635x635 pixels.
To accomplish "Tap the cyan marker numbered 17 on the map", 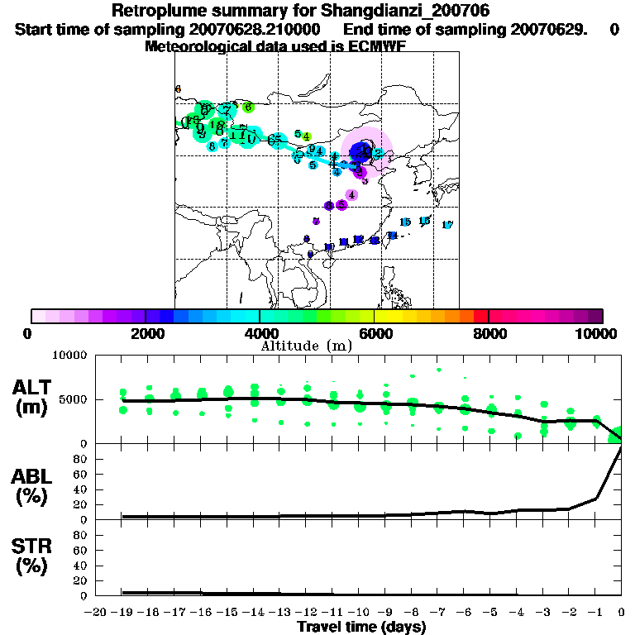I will pyautogui.click(x=447, y=225).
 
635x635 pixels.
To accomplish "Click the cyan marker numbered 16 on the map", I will pyautogui.click(x=424, y=221).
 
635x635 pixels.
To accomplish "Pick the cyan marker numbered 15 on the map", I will pyautogui.click(x=405, y=222).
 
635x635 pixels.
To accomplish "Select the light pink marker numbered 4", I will pyautogui.click(x=351, y=195).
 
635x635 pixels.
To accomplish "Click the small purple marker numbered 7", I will pyautogui.click(x=316, y=221).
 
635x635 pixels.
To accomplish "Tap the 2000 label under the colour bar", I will pyautogui.click(x=146, y=333).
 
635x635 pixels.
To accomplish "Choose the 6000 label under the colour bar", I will pyautogui.click(x=374, y=333).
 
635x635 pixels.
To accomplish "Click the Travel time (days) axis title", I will pyautogui.click(x=361, y=627).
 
